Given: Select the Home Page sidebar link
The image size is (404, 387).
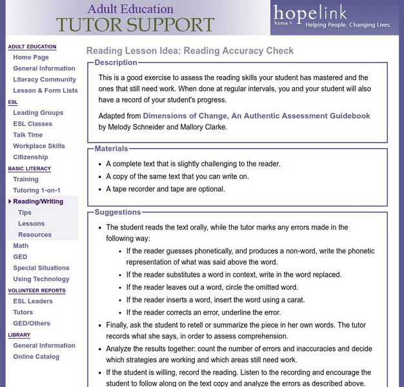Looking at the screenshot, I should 30,57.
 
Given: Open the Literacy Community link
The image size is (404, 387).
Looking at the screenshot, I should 45,79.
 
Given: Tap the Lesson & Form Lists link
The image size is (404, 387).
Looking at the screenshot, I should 45,90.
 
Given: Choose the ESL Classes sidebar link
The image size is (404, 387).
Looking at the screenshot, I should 32,124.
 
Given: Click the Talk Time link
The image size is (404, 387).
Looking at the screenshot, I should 28,135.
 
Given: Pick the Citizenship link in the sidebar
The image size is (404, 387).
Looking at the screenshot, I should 30,157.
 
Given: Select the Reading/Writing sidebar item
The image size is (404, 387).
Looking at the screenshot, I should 38,201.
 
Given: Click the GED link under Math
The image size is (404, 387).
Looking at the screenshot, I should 20,257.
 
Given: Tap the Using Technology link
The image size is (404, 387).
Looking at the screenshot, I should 41,279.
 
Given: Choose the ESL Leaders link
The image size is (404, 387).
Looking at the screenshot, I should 33,301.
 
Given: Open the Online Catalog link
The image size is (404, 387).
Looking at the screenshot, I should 36,357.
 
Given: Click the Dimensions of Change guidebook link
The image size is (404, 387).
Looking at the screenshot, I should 256,116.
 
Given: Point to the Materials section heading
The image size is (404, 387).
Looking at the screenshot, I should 111,148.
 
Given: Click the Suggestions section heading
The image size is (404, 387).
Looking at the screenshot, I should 117,212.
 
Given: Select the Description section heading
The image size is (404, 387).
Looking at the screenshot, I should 116,63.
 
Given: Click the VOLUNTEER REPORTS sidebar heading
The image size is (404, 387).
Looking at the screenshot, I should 35,290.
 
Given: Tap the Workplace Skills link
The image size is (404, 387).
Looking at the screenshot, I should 39,146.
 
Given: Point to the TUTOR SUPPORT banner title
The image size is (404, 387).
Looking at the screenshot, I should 134,25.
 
